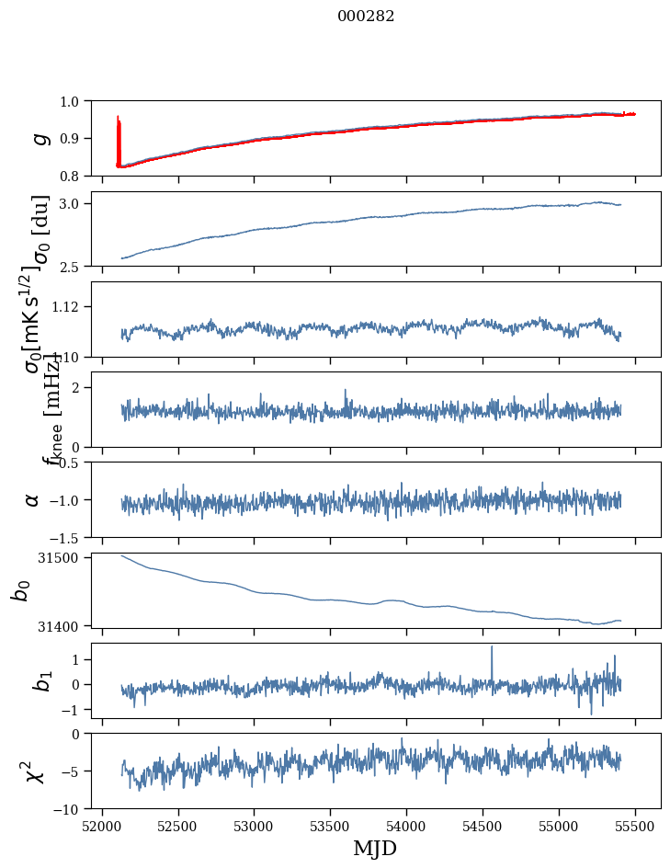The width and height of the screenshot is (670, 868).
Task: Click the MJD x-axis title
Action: (375, 848)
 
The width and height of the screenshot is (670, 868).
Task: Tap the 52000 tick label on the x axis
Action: (102, 826)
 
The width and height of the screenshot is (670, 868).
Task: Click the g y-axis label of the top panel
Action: (39, 138)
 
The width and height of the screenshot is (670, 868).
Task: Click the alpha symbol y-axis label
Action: (33, 499)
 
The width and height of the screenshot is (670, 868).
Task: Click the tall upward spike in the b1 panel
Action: (492, 647)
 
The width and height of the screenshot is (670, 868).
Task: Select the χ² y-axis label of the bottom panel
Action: (37, 771)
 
